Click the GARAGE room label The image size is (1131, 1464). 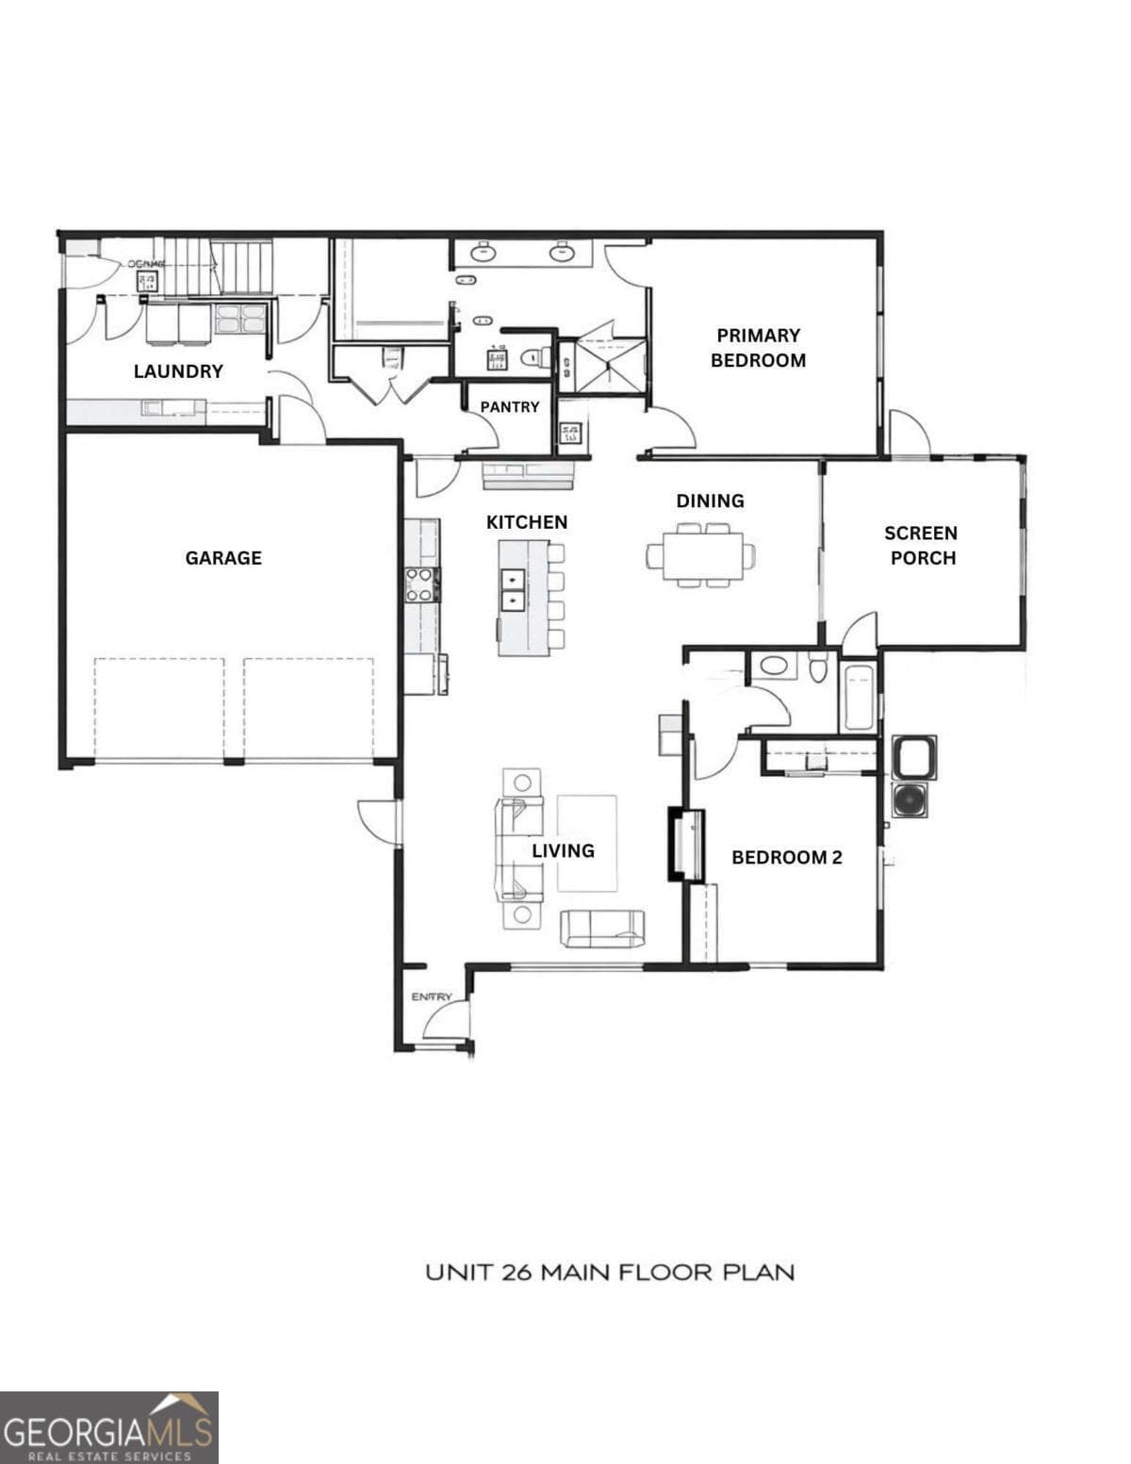(x=223, y=558)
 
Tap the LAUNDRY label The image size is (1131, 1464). (x=178, y=371)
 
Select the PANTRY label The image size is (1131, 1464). (x=510, y=407)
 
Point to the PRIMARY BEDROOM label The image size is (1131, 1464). (x=758, y=348)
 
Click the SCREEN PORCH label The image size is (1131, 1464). (x=923, y=546)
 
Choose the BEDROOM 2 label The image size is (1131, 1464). (x=786, y=858)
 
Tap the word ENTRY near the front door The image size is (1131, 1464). (x=432, y=997)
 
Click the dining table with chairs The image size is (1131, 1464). (x=701, y=556)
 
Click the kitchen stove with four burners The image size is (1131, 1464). (x=420, y=584)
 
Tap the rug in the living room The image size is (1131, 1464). (x=587, y=843)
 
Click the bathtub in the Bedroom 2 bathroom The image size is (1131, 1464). (x=859, y=698)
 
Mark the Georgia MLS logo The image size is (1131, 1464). (x=108, y=1427)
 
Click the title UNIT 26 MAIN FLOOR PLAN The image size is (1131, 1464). (x=610, y=1273)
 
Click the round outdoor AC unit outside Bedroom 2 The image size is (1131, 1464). (x=910, y=798)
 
